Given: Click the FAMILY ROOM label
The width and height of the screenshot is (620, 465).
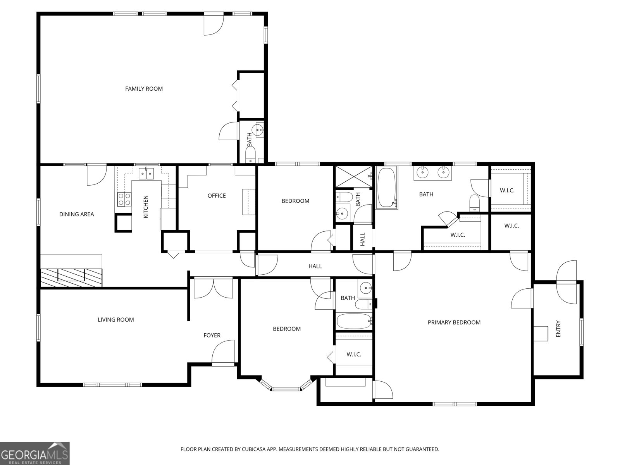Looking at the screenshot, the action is pyautogui.click(x=144, y=89).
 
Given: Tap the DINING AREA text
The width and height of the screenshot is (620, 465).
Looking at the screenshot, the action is pyautogui.click(x=77, y=214).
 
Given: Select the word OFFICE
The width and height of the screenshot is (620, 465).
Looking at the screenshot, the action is pyautogui.click(x=217, y=196).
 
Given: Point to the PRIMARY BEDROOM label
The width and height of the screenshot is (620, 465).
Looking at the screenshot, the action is pyautogui.click(x=454, y=322).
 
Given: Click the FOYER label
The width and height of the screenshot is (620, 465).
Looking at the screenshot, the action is pyautogui.click(x=212, y=336).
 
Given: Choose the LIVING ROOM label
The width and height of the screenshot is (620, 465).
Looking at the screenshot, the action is pyautogui.click(x=116, y=320).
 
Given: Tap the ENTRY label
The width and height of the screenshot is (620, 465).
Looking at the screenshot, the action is pyautogui.click(x=558, y=329).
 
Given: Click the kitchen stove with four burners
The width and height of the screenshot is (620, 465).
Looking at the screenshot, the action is pyautogui.click(x=124, y=199).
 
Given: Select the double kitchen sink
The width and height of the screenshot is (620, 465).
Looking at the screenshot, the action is pyautogui.click(x=146, y=173).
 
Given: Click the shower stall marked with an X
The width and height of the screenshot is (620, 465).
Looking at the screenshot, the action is pyautogui.click(x=354, y=177).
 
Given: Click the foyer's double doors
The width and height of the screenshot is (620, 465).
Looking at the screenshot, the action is pyautogui.click(x=214, y=288).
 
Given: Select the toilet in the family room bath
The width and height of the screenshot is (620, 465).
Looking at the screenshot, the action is pyautogui.click(x=250, y=155).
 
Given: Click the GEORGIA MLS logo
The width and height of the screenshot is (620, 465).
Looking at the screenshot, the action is pyautogui.click(x=35, y=453).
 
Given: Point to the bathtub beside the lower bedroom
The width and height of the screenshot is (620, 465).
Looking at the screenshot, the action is pyautogui.click(x=354, y=321).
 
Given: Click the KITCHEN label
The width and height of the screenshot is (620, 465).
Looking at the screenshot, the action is pyautogui.click(x=146, y=207).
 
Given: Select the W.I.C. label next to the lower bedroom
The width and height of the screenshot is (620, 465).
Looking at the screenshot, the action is pyautogui.click(x=354, y=354).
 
